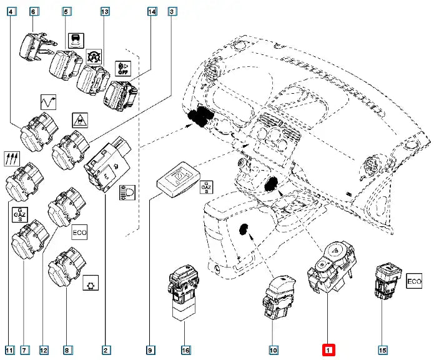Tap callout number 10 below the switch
(273, 350)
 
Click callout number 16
(185, 350)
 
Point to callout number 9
(149, 350)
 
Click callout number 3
(173, 11)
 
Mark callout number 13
(105, 11)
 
